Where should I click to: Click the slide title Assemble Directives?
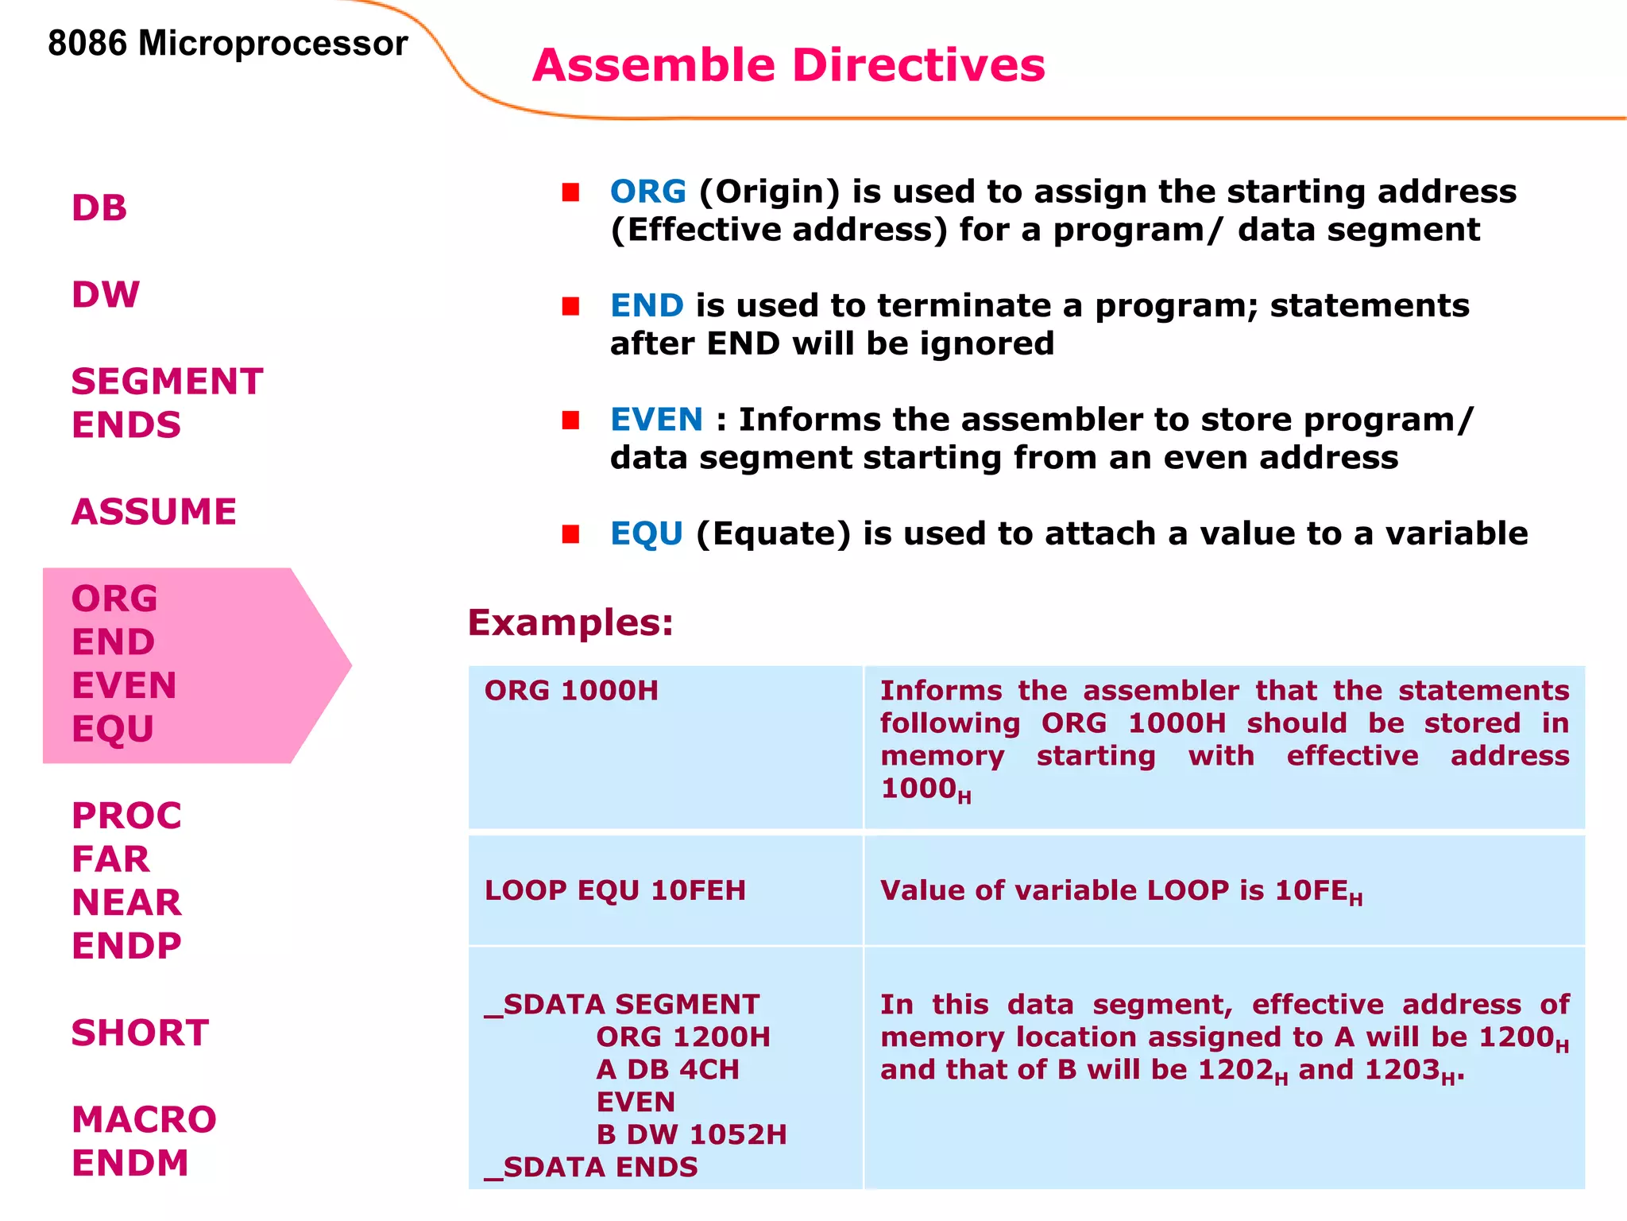pos(788,65)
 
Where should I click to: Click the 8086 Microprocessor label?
pos(227,43)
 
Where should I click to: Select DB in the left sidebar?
pos(99,208)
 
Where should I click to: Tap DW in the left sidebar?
pos(106,295)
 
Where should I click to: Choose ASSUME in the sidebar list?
pos(154,512)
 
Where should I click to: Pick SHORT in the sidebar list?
pos(141,1033)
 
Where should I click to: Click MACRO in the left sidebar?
pos(144,1120)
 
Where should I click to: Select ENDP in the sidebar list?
pos(127,946)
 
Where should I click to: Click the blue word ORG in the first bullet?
pos(647,192)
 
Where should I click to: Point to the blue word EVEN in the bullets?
pos(656,420)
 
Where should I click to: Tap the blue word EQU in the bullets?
pos(647,533)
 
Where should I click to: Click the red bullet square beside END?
pos(570,306)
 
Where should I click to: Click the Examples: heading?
pos(570,622)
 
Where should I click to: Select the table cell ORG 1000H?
pos(571,691)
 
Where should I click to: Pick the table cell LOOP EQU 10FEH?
pos(615,890)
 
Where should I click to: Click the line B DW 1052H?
pos(691,1134)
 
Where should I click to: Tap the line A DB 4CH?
pos(667,1069)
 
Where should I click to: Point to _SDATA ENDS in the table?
pos(591,1167)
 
